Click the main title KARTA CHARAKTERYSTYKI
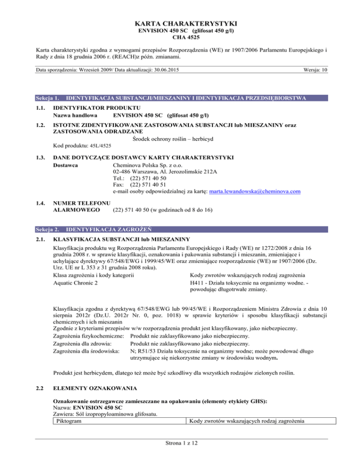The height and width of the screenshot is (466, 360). (180, 23)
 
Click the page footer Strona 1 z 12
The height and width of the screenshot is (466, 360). (180, 454)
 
